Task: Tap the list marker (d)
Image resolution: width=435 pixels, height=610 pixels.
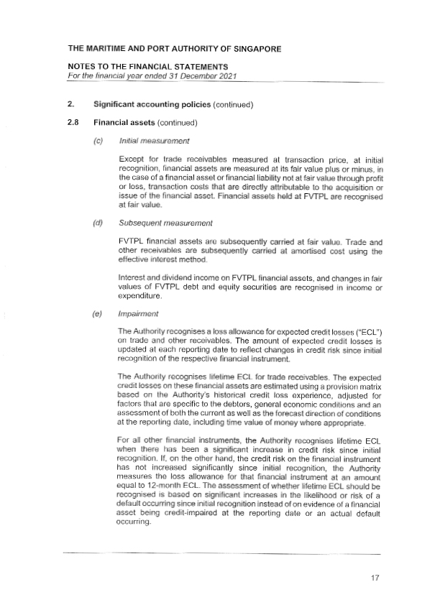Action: [98, 222]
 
